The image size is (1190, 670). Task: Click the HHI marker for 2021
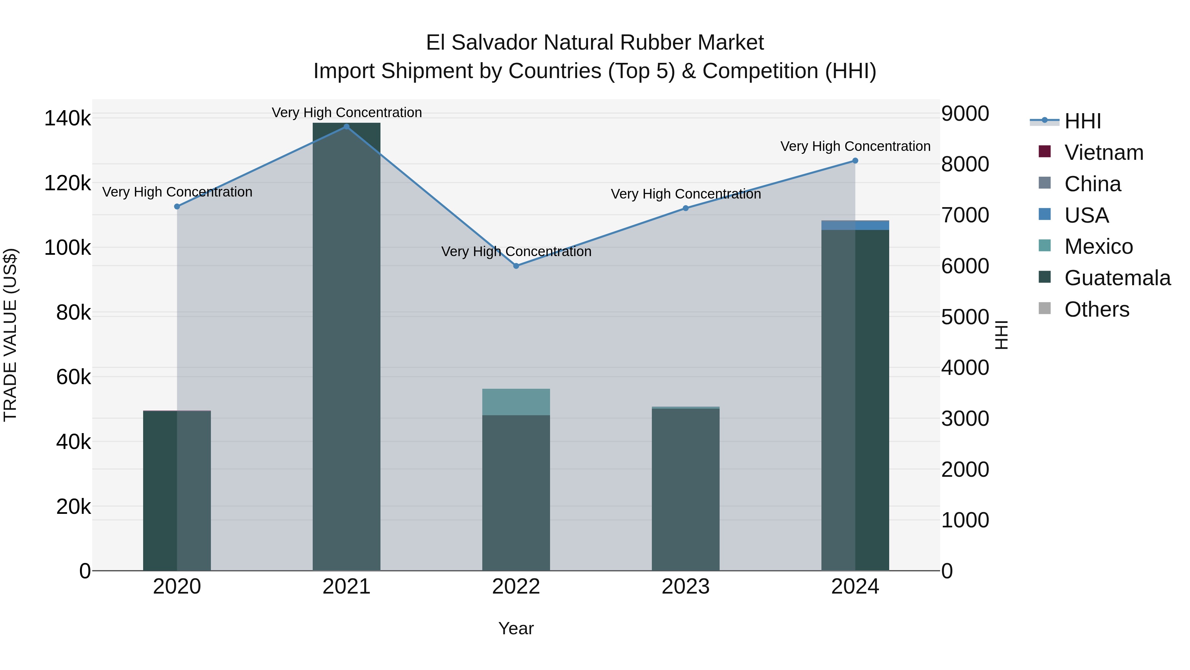[x=346, y=127]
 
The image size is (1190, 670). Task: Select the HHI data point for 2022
[x=516, y=266]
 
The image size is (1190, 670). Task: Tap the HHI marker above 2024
[x=855, y=161]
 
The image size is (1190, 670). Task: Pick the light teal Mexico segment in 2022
[x=516, y=402]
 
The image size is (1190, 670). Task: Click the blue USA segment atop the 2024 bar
[x=855, y=225]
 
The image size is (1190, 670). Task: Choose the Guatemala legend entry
[x=1117, y=278]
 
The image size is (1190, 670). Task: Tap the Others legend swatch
[x=1045, y=308]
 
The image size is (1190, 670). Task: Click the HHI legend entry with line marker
[x=1082, y=121]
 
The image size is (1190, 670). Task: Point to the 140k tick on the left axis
[x=67, y=118]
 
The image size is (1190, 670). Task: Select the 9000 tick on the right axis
[x=965, y=114]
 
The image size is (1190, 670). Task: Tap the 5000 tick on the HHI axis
[x=965, y=317]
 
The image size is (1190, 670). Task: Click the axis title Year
[x=516, y=628]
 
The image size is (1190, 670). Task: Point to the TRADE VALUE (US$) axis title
[x=10, y=335]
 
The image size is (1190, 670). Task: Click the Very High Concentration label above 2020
[x=177, y=192]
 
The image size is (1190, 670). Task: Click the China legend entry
[x=1092, y=184]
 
